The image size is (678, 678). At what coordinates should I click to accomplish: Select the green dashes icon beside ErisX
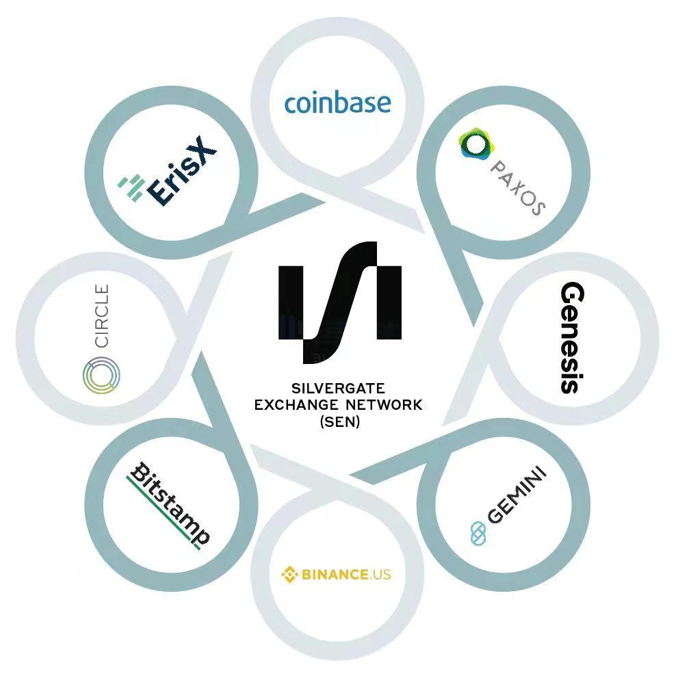(131, 187)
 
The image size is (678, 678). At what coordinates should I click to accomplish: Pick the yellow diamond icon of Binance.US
(289, 575)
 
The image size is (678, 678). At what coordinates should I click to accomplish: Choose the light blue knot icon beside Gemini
(478, 533)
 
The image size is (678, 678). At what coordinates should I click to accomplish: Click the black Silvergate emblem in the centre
(340, 302)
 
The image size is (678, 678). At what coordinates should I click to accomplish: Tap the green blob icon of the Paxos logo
(476, 144)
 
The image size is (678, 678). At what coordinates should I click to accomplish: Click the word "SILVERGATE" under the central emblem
(338, 389)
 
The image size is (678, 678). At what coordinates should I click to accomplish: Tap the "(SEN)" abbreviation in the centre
(340, 421)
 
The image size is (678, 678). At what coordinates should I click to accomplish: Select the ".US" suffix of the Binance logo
(380, 575)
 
